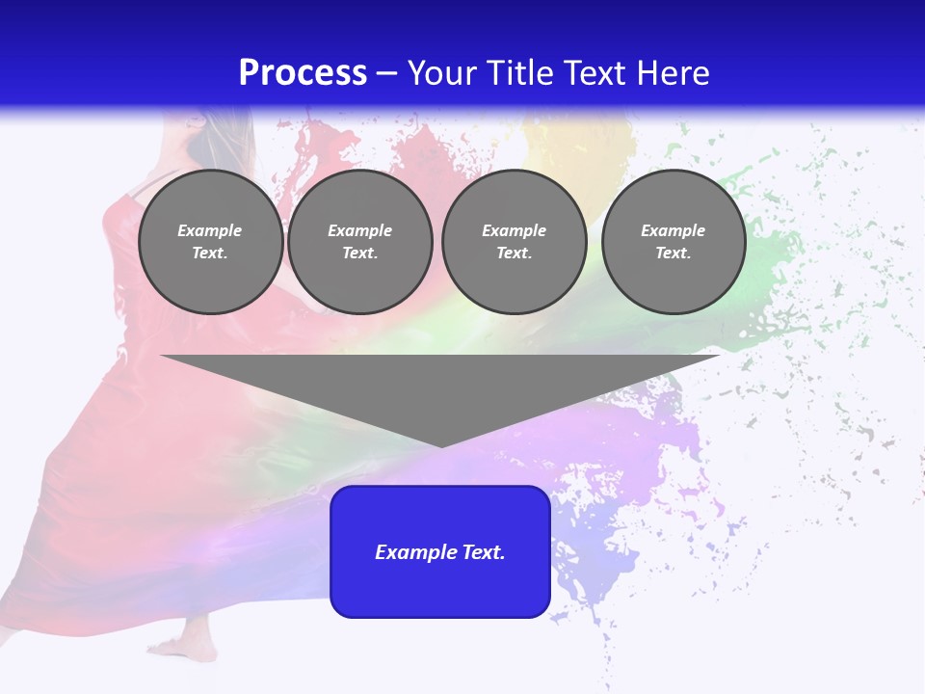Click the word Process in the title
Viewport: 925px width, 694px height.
(x=303, y=73)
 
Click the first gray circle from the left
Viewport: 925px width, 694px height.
(x=210, y=242)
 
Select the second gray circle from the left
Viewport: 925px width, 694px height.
(x=360, y=242)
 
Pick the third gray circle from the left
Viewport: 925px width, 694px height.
(x=514, y=242)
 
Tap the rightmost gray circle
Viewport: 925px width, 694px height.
(x=674, y=242)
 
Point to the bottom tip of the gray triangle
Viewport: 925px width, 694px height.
(x=441, y=444)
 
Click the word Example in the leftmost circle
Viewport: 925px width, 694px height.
(x=210, y=230)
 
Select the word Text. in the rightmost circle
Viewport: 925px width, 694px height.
(x=674, y=254)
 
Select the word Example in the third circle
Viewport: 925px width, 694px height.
(x=514, y=230)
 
